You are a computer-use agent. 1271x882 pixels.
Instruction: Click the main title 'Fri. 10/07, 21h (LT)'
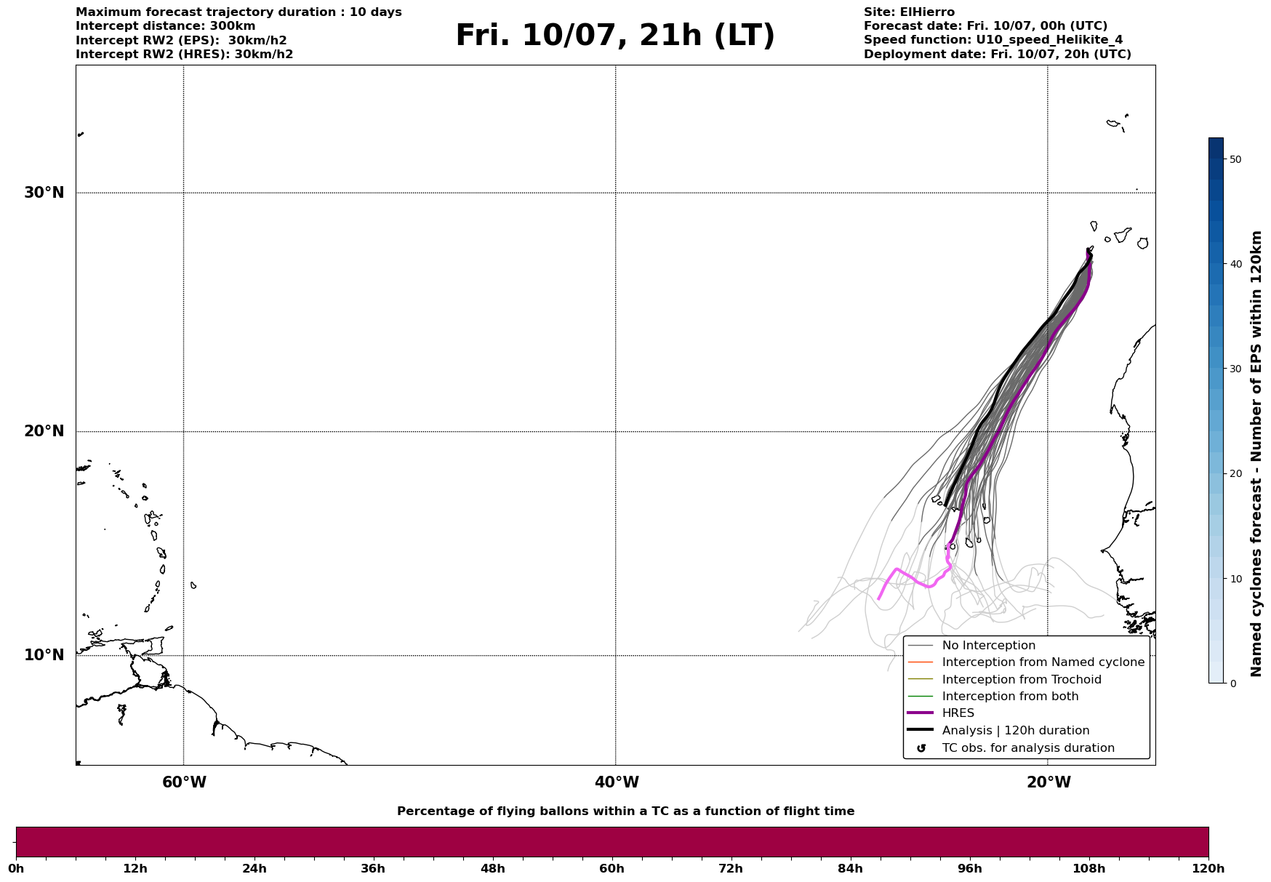(615, 36)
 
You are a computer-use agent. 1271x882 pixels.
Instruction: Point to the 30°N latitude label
(44, 193)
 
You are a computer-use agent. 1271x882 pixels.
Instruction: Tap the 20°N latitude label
(44, 431)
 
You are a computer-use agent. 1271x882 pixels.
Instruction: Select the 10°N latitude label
(44, 655)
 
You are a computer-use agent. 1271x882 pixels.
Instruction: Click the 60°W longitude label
(184, 782)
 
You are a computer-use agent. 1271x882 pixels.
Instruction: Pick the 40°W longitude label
(617, 782)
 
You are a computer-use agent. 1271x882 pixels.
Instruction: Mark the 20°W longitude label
(1049, 782)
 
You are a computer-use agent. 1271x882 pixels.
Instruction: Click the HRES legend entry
(958, 713)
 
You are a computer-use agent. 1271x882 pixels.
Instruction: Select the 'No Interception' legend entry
(988, 646)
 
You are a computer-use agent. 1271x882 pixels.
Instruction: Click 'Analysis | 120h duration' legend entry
(1016, 731)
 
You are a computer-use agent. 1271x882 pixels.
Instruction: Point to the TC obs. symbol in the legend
(921, 748)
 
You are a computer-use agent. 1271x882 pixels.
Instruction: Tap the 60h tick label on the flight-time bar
(612, 868)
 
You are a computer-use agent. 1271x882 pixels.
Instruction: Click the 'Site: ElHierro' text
(909, 12)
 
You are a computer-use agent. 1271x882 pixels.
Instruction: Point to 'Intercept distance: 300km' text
(166, 26)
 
